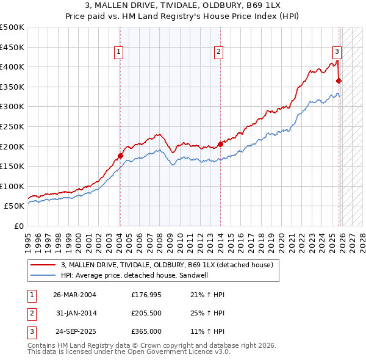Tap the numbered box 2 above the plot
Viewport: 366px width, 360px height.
218,52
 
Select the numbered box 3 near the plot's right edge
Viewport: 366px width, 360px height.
336,52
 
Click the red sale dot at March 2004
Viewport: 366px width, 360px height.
120,156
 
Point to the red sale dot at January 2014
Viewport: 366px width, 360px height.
220,144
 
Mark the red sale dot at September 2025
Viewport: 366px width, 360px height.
339,81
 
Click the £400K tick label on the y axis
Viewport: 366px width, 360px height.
12,67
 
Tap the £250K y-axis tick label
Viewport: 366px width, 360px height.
12,126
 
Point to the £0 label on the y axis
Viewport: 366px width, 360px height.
20,226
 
